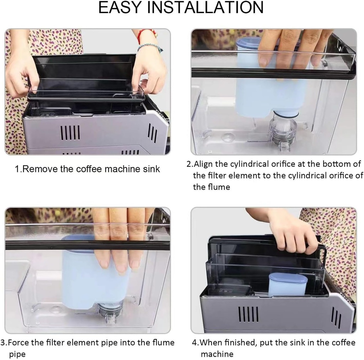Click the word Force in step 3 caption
pos(18,343)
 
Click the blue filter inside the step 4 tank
pos(288,284)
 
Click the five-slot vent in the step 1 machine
pos(70,133)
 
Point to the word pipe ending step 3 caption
pos(17,354)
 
